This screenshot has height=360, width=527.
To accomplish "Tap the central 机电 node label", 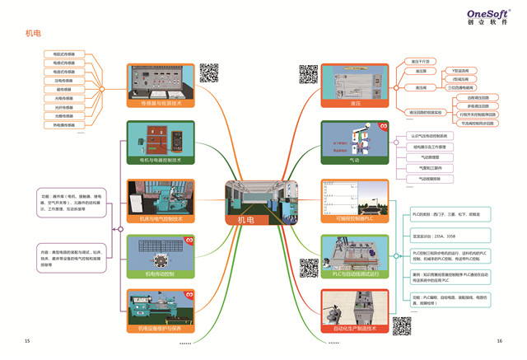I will [246, 220].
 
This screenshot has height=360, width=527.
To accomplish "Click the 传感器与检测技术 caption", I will [161, 104].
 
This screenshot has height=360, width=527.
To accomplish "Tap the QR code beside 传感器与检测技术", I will [208, 73].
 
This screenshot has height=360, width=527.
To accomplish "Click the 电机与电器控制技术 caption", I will [161, 161].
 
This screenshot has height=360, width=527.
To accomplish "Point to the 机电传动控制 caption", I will [161, 274].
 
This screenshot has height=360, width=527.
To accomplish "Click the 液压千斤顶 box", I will [421, 61].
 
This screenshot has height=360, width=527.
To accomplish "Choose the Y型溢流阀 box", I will [460, 72].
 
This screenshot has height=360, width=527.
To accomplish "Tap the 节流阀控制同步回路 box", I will [478, 123].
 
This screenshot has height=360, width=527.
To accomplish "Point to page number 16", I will [499, 340].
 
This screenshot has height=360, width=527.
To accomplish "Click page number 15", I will [28, 340].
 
